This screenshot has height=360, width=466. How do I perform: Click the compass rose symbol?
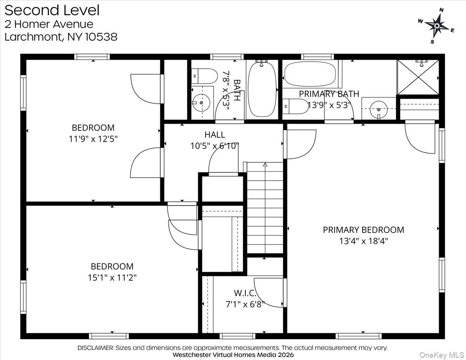pyautogui.click(x=436, y=26)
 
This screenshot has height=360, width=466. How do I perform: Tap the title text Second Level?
pyautogui.click(x=52, y=10)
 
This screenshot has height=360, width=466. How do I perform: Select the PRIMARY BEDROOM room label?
pyautogui.click(x=363, y=230)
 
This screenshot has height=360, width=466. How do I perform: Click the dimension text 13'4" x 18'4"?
pyautogui.click(x=363, y=241)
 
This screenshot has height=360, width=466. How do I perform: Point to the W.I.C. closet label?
pyautogui.click(x=245, y=292)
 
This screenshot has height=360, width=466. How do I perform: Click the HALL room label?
pyautogui.click(x=214, y=135)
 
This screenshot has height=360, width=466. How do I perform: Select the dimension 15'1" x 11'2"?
pyautogui.click(x=112, y=278)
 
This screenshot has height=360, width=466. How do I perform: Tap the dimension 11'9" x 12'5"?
pyautogui.click(x=93, y=139)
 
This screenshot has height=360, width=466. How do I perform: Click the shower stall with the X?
pyautogui.click(x=418, y=77)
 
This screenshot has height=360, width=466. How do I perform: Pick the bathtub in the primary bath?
pyautogui.click(x=311, y=74)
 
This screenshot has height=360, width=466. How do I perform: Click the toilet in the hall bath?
pyautogui.click(x=205, y=76)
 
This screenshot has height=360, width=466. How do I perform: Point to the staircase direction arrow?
pyautogui.click(x=265, y=165)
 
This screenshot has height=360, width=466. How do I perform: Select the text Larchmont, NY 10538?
pyautogui.click(x=61, y=37)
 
